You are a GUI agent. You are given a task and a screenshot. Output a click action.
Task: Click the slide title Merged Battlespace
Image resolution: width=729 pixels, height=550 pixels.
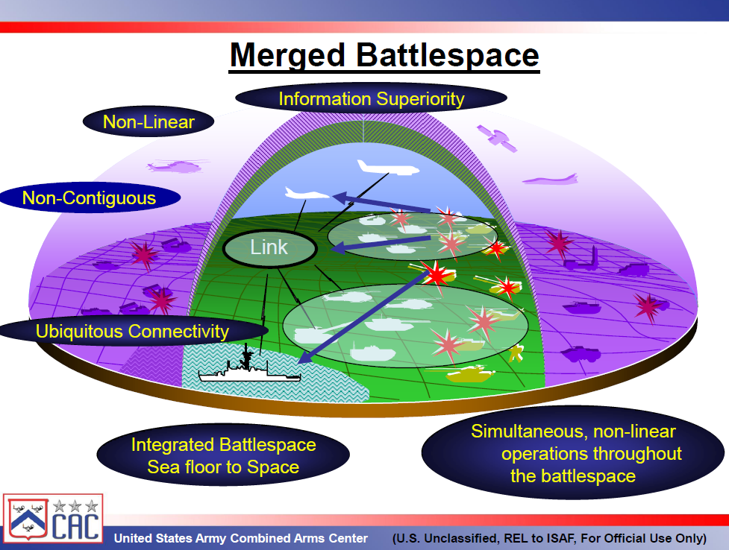pyautogui.click(x=384, y=56)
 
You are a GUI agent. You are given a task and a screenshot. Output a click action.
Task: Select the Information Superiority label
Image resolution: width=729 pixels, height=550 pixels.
pyautogui.click(x=371, y=99)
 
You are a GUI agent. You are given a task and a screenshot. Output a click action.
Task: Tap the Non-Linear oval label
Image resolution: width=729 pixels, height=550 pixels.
pyautogui.click(x=148, y=122)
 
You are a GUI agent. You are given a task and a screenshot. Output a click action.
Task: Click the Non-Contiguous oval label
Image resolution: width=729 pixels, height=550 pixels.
pyautogui.click(x=90, y=198)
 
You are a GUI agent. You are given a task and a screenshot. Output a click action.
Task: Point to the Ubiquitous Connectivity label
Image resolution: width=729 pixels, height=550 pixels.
pyautogui.click(x=132, y=331)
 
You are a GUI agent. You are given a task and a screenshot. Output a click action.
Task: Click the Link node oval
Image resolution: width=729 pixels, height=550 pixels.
pyautogui.click(x=269, y=248)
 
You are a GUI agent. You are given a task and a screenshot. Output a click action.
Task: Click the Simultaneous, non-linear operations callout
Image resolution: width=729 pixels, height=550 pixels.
pyautogui.click(x=572, y=453)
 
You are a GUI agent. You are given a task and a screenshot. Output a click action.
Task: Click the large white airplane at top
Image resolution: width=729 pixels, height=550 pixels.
pyautogui.click(x=385, y=167)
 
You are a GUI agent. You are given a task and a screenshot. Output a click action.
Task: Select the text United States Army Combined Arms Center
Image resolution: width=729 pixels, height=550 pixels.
pyautogui.click(x=240, y=538)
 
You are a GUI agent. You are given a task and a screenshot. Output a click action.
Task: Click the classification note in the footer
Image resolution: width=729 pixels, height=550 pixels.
pyautogui.click(x=548, y=538)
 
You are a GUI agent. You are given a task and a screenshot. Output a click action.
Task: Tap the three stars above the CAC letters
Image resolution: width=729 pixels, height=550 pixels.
pyautogui.click(x=75, y=506)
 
